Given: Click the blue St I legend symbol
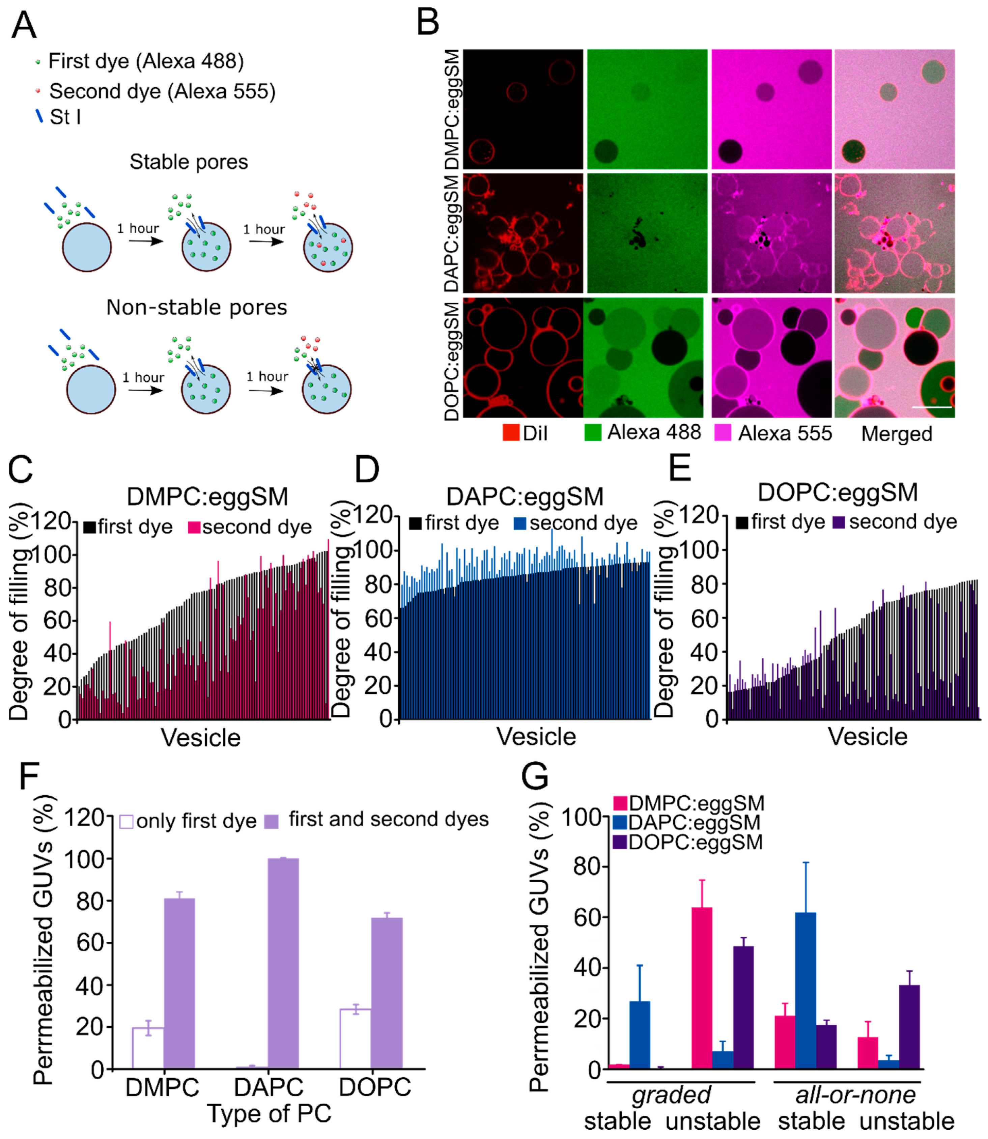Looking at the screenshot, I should pos(39,116).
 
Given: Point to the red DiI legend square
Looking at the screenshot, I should pos(511,433).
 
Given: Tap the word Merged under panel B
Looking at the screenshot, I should pos(897,434).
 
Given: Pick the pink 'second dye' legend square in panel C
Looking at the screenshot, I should pos(194,528).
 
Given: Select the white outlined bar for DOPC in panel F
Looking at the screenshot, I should pos(355,1039).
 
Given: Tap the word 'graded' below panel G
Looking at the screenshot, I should pos(671,1095).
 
